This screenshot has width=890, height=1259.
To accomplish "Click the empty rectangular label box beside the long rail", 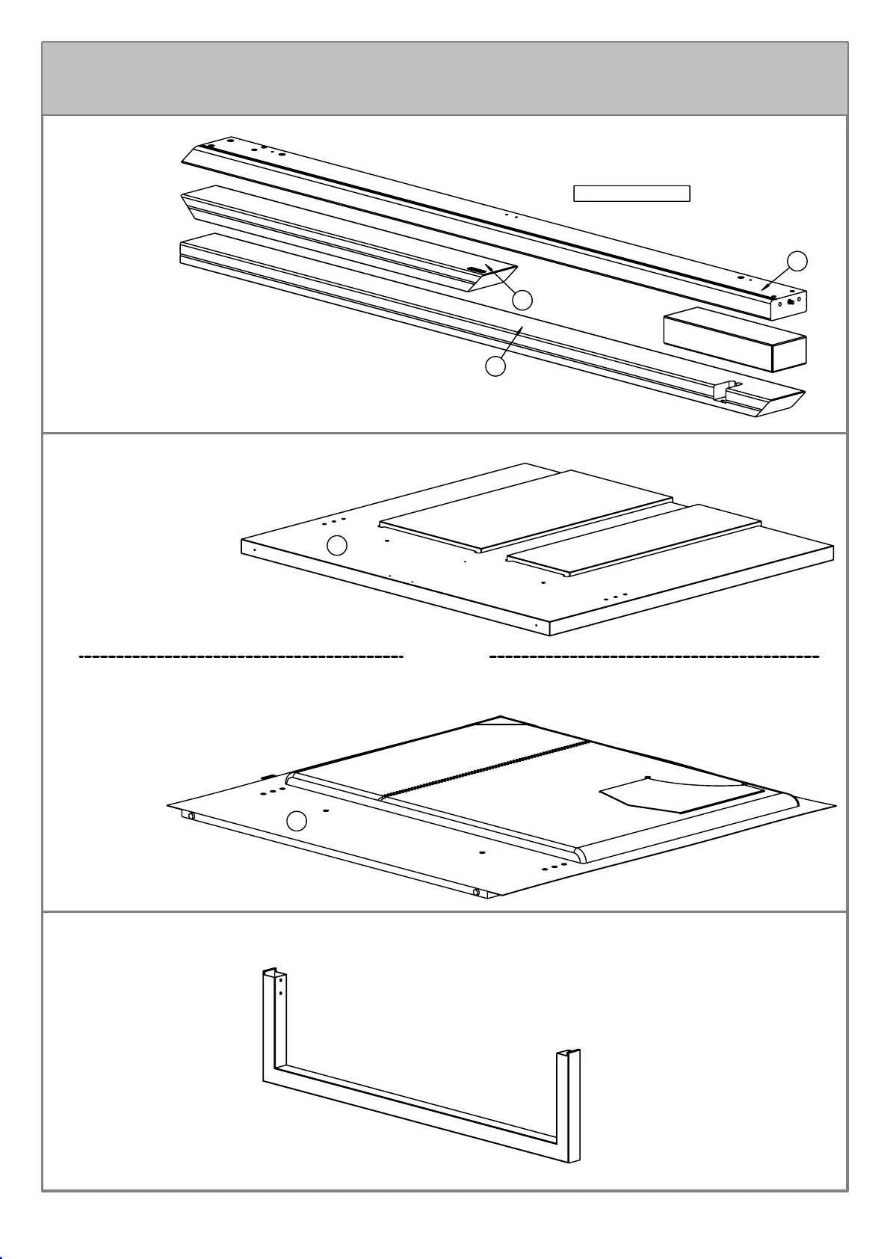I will coord(631,194).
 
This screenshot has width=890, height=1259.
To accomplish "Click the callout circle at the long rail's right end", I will coord(798,261).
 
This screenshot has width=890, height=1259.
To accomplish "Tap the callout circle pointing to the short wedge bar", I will coord(522,300).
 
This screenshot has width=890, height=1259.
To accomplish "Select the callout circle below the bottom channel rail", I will coord(495,366).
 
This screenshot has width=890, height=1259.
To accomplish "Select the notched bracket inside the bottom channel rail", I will coord(724,390).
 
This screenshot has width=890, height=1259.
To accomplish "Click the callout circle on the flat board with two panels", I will coord(338,546).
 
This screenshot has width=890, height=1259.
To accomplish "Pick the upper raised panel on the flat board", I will coord(527,511).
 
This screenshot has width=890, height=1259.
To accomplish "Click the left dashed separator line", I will coord(241,656).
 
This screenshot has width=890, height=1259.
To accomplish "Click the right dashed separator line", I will coord(654,656).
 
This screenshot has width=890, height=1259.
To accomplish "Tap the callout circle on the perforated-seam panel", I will coord(297,821).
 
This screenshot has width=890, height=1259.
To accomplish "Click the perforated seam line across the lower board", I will coord(486,770).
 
